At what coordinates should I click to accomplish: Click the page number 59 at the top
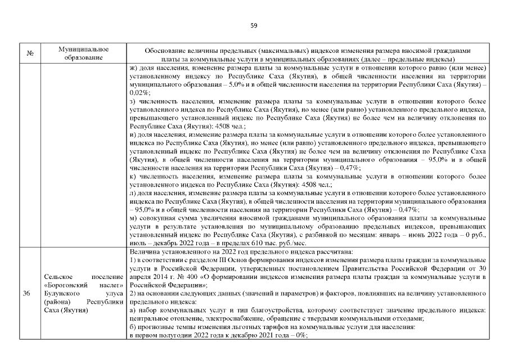[x=254, y=25]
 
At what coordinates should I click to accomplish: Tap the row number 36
[x=26, y=294]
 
